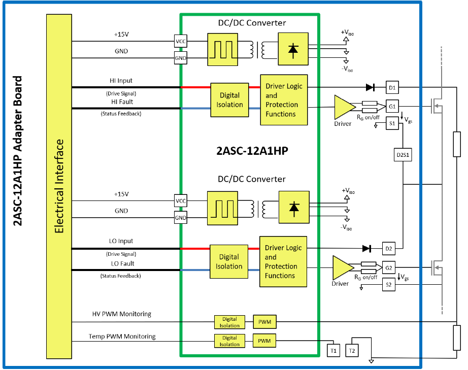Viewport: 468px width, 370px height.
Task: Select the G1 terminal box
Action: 391,107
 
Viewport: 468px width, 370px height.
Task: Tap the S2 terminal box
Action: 389,286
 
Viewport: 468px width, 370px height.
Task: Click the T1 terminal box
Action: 333,350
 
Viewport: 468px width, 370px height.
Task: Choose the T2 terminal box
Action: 353,350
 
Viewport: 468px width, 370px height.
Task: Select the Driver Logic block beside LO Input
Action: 283,261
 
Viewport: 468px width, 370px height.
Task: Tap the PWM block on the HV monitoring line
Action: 264,321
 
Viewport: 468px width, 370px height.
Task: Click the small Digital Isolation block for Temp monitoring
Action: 229,341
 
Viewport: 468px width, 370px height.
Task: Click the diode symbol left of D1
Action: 370,88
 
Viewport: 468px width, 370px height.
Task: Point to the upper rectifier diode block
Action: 293,49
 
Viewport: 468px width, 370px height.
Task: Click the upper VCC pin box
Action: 181,41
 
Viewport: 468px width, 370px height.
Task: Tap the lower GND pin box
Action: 181,218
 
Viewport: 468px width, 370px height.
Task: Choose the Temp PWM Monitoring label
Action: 122,337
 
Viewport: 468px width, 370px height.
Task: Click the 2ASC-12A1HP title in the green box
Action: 249,151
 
